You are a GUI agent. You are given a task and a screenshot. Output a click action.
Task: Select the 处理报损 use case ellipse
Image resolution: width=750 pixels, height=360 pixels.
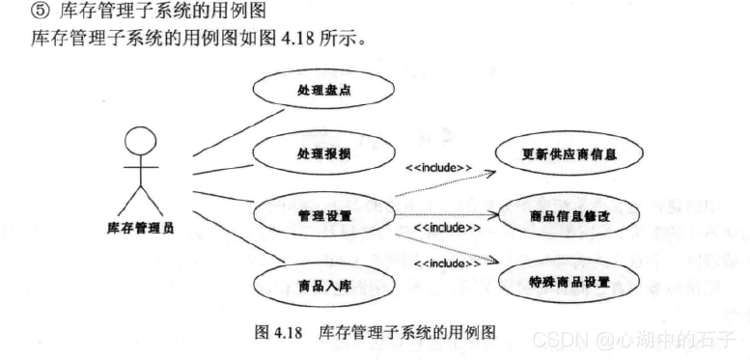tap(324, 153)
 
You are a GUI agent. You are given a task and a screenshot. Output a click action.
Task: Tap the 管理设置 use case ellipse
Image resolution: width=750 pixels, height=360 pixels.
tap(324, 213)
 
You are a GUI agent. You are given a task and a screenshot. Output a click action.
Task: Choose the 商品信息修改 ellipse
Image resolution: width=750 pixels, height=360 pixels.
tap(569, 214)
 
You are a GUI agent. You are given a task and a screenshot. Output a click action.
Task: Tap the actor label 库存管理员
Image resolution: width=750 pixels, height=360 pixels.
tap(141, 228)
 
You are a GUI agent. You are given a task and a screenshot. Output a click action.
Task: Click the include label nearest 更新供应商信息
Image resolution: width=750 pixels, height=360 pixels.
tap(438, 167)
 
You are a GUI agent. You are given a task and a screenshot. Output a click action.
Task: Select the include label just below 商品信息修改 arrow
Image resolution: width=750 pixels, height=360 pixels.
tap(446, 228)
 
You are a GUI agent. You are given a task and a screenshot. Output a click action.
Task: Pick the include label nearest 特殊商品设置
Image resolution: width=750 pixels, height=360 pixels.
tap(447, 263)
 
